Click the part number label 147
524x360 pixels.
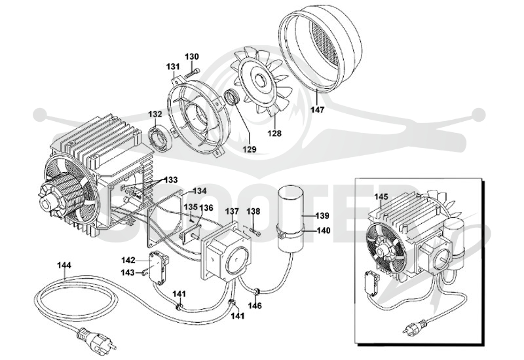[x=318, y=109]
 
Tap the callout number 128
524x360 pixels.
[x=274, y=134]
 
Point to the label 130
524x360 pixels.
[x=192, y=56]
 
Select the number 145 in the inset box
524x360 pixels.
[x=381, y=197]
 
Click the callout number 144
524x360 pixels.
[x=64, y=265]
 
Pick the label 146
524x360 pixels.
[x=255, y=305]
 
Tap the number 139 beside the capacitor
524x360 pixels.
[x=322, y=216]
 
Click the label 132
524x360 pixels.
[x=155, y=114]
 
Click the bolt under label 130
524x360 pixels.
[x=192, y=73]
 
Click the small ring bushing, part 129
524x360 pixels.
[x=231, y=97]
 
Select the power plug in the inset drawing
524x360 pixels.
[x=415, y=326]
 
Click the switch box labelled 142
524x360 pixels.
[x=159, y=268]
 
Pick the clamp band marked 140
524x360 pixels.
[x=290, y=232]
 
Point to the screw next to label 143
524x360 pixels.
[x=145, y=273]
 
